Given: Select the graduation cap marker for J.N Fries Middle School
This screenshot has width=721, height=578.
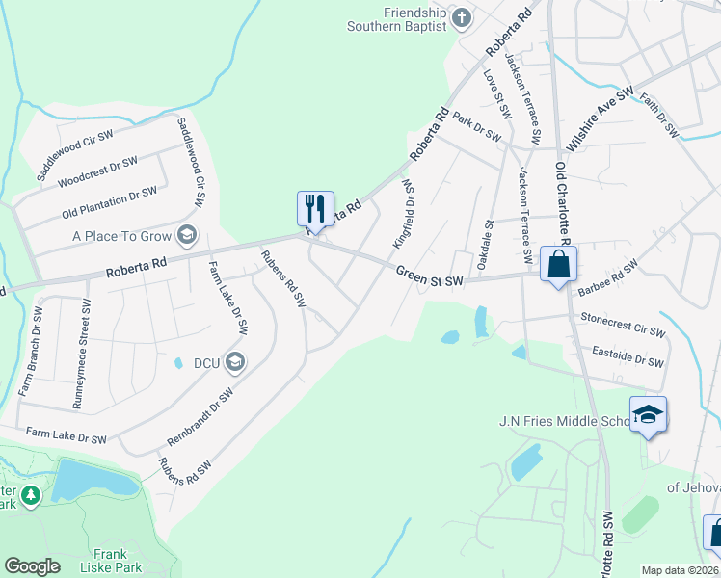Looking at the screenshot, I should [x=649, y=415].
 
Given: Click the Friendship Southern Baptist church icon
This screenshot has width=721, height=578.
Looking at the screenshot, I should [x=462, y=16].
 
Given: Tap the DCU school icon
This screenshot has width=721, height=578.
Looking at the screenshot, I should [x=235, y=362].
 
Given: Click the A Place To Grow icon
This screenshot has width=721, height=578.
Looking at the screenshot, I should [x=187, y=235].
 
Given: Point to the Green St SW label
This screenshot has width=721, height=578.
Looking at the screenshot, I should [x=430, y=276].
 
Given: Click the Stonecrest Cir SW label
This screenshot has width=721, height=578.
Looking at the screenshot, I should [x=623, y=324].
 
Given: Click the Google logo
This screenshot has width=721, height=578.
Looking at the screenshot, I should [x=32, y=566].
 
